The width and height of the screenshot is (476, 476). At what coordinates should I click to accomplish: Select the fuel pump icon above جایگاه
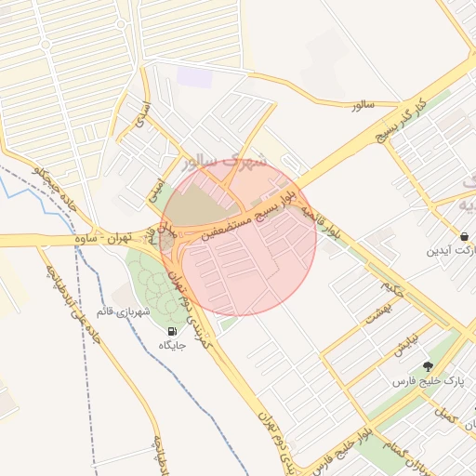(172, 331)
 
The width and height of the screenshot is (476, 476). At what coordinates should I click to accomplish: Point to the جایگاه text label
(172, 345)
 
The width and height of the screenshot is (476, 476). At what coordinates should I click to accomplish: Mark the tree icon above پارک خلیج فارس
(428, 366)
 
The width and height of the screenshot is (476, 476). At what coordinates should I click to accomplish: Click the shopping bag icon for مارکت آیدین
(463, 235)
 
